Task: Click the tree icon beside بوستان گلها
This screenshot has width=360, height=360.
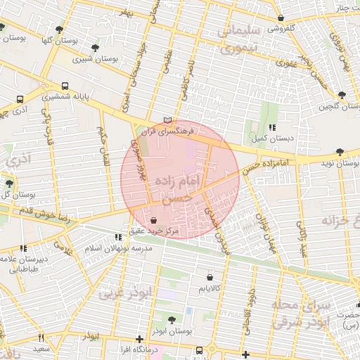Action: pos(59,30)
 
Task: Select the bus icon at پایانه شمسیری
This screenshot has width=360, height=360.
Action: pos(65,82)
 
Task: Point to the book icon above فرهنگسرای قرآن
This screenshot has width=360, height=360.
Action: pos(166,120)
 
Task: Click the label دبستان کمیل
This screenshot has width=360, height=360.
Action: pos(269,137)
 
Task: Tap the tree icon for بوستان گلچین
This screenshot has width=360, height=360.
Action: pos(342,94)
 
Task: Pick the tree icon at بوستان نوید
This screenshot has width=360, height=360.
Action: pos(340,151)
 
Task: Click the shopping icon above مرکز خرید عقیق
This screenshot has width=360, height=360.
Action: pos(153,220)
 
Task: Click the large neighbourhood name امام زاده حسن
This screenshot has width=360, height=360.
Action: pos(179,188)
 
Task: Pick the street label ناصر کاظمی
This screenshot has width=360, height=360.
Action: pos(188,79)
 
